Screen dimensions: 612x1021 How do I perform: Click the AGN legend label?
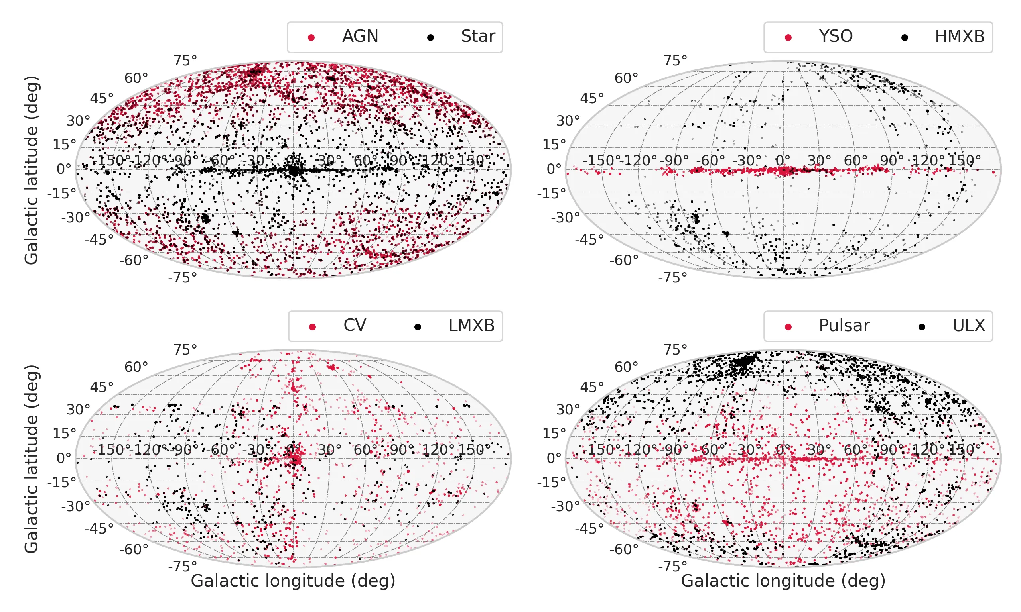point(360,36)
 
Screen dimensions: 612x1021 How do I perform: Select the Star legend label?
point(478,36)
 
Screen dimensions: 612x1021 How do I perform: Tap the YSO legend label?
point(835,36)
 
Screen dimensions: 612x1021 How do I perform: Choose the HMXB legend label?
point(960,36)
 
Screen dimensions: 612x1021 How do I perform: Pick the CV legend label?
point(355,326)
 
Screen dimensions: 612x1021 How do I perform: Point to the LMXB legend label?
point(471,326)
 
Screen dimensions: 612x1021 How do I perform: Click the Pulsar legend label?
point(844,326)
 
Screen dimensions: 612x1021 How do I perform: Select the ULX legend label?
point(968,326)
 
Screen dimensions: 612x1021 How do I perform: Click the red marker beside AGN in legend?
point(311,38)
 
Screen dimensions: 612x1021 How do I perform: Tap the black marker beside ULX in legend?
point(922,327)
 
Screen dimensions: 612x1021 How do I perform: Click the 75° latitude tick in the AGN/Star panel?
point(185,61)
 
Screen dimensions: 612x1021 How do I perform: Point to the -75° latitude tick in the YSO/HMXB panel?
point(673,278)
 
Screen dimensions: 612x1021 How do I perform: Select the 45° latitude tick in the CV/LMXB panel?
point(102,387)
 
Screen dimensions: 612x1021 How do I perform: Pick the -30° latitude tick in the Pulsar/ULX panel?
point(566,506)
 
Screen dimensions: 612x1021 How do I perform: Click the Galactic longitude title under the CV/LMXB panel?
point(293,581)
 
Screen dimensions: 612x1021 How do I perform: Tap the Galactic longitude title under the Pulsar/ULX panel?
point(783,581)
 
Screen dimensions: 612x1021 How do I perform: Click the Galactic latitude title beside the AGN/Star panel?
point(32,169)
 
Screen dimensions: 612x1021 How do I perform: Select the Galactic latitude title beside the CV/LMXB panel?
point(32,459)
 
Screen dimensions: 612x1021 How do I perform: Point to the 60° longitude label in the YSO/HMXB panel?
point(855,161)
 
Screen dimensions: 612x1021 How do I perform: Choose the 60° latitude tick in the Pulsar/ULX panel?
point(626,367)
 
